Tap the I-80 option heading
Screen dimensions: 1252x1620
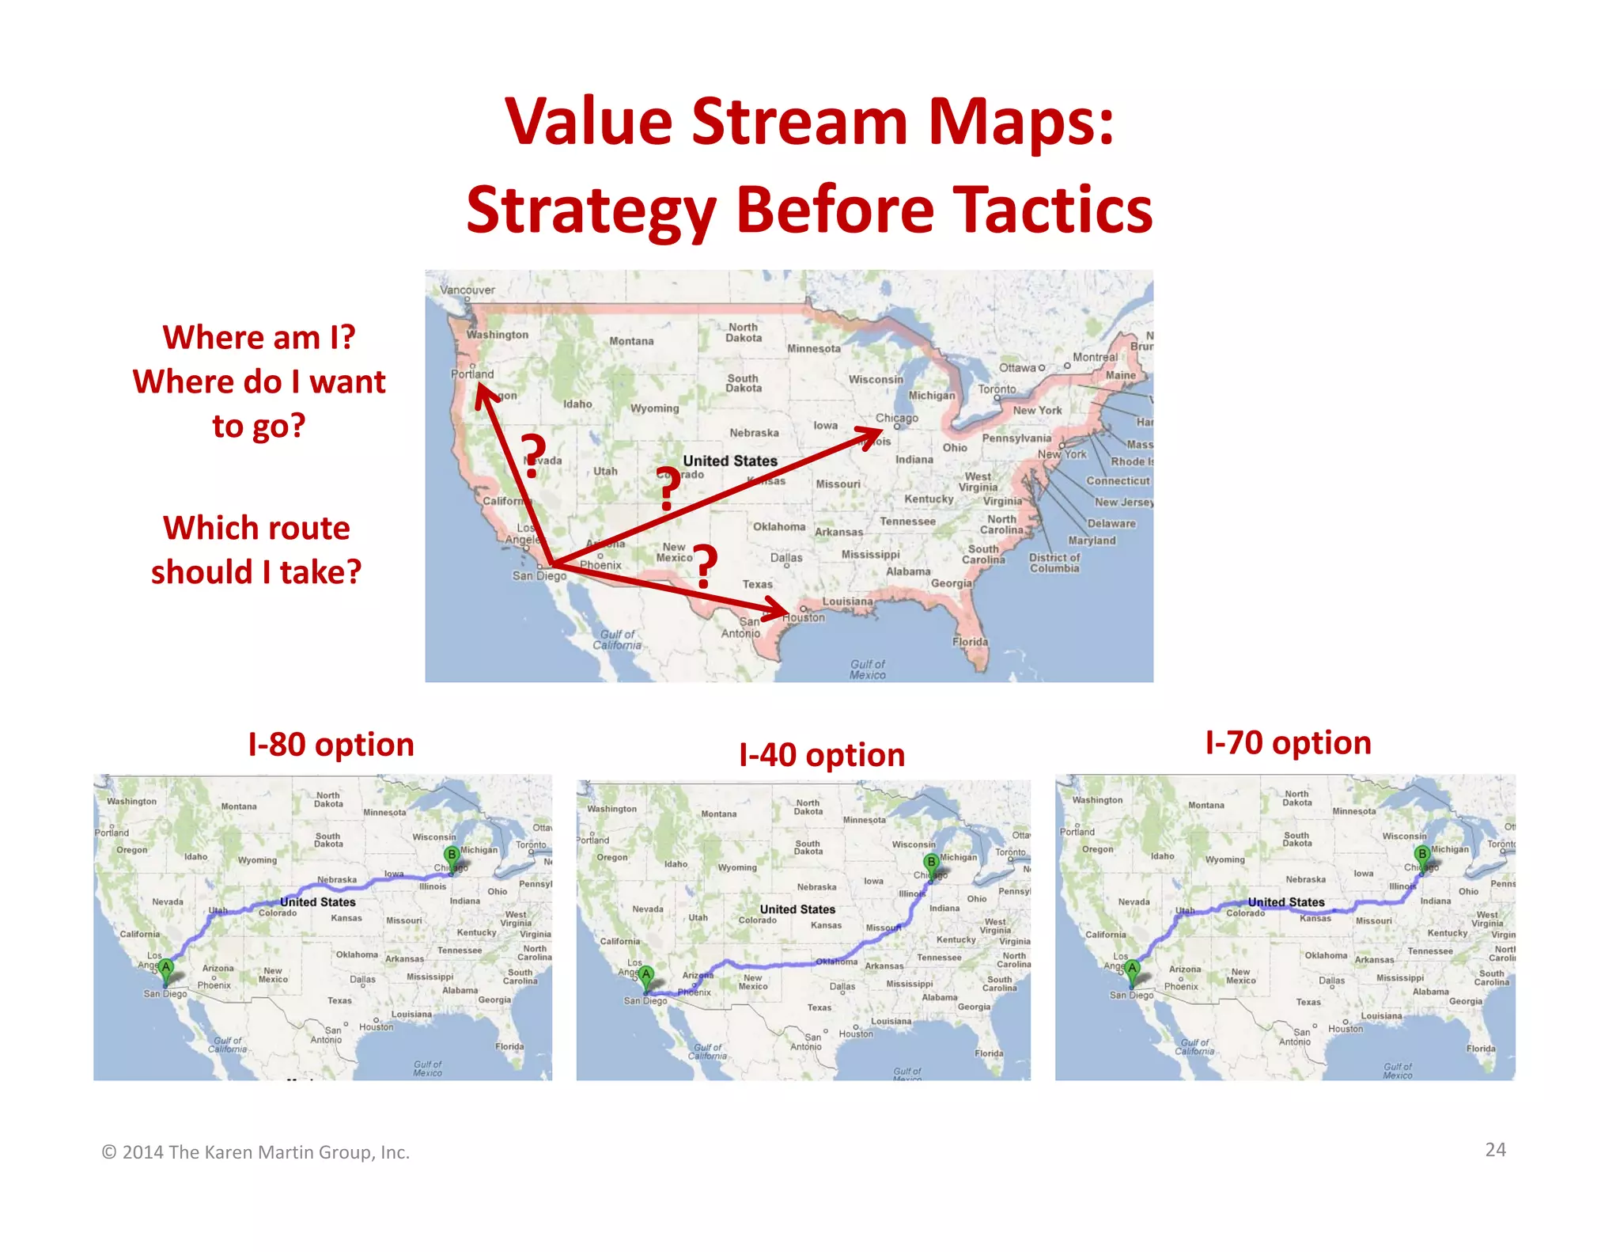coord(331,745)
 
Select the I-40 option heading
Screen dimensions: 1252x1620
coord(822,755)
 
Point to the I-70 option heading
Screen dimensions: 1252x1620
coord(1288,743)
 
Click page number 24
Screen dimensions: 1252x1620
coord(1495,1150)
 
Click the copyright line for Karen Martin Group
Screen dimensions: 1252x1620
coord(255,1152)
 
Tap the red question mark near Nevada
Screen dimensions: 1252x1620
coord(534,457)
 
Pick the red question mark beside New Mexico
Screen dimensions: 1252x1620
coord(703,567)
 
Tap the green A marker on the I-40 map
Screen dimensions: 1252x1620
coord(646,974)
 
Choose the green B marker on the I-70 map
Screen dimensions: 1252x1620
coord(1422,854)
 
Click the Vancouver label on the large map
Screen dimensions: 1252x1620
coord(467,290)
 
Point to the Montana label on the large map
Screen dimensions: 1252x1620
coord(631,341)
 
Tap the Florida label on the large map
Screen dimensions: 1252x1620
coord(970,642)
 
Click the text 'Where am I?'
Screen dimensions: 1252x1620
coord(259,337)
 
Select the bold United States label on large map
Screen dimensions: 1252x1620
coord(730,461)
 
